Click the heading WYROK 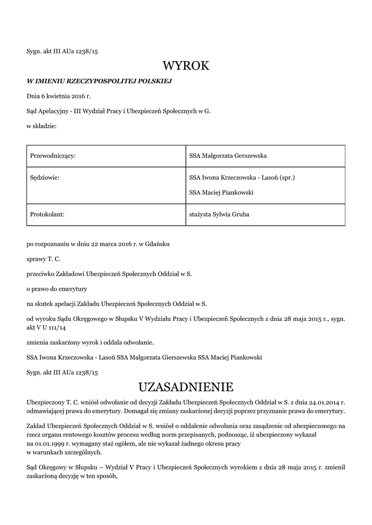click(x=186, y=66)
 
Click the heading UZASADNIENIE click(x=186, y=386)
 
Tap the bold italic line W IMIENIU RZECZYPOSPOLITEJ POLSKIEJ click(x=99, y=81)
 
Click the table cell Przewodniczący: click(x=53, y=156)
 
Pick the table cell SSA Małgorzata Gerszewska click(x=228, y=156)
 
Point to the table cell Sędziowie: click(x=45, y=178)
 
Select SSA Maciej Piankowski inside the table click(x=221, y=193)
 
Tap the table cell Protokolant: click(x=48, y=214)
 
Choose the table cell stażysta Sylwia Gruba click(x=219, y=214)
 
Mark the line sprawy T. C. click(x=44, y=259)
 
